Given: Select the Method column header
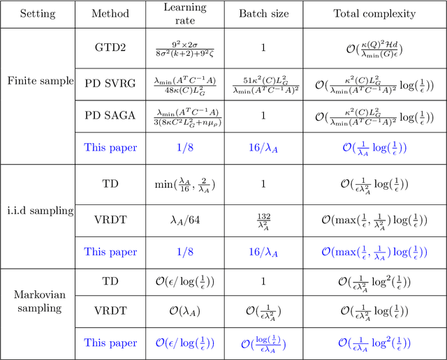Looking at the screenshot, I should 110,14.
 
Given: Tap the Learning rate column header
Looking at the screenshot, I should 185,14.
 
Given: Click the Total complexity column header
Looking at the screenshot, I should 374,14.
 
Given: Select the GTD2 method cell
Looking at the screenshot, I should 110,47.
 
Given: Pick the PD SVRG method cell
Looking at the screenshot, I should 110,82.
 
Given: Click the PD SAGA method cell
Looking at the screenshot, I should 110,115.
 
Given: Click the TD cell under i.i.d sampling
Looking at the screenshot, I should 110,183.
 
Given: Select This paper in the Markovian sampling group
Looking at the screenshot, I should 110,343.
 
